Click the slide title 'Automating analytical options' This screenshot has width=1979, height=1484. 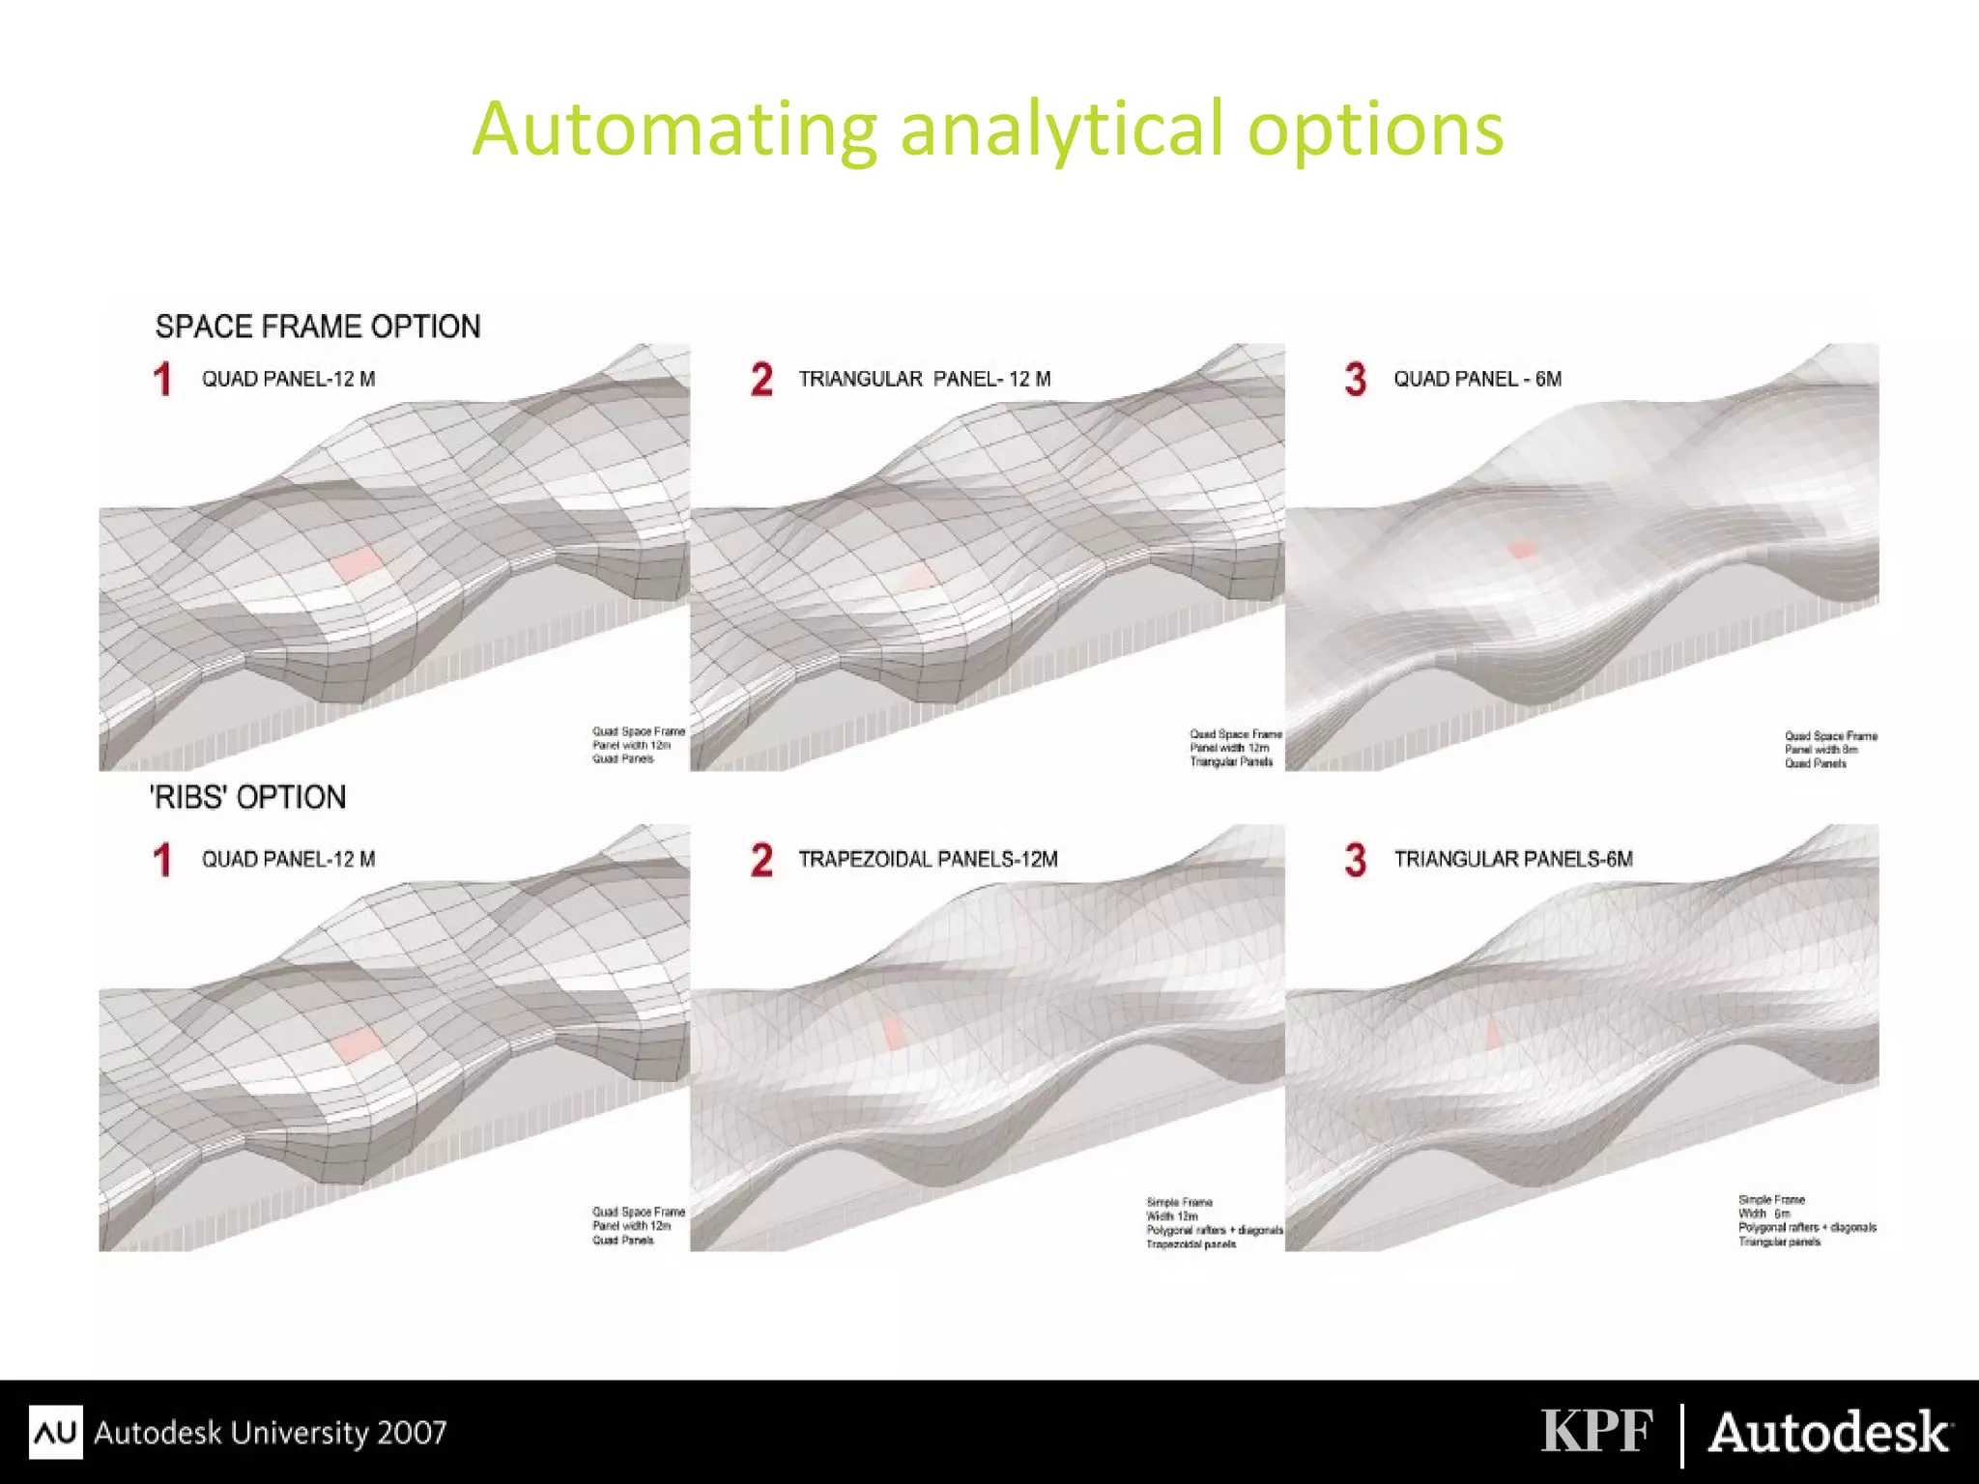pos(988,128)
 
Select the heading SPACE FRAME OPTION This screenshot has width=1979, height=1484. pos(318,327)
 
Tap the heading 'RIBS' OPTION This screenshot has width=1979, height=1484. pos(248,797)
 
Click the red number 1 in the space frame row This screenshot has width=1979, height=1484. pos(162,379)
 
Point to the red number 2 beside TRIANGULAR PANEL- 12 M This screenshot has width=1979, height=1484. pos(761,379)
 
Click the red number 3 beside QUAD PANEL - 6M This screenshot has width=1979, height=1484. pos(1355,379)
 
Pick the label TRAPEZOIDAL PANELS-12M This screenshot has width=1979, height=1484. pos(928,859)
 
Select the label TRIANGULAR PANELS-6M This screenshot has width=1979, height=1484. pos(1513,859)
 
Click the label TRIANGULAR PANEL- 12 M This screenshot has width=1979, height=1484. pos(924,379)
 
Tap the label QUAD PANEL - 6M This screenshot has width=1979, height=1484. pos(1477,379)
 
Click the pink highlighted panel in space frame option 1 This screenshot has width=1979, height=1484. pos(357,563)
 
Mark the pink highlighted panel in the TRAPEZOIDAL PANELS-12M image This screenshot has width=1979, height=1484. pos(894,1032)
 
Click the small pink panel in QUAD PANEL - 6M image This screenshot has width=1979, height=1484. pos(1522,549)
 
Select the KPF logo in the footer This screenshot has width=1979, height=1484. pos(1596,1431)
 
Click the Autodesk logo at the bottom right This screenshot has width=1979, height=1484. pos(1829,1432)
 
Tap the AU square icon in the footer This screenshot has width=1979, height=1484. pos(55,1432)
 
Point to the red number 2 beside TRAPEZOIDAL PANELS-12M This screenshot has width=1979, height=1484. pos(761,860)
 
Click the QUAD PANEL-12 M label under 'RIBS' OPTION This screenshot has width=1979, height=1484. pos(288,859)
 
